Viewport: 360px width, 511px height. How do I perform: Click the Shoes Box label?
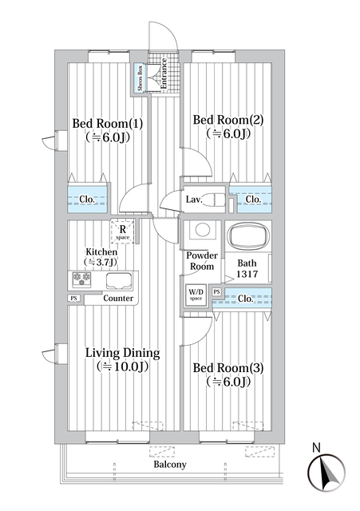pyautogui.click(x=140, y=79)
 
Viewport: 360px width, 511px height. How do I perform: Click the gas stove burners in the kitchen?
pyautogui.click(x=81, y=279)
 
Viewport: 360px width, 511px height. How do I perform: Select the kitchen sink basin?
pyautogui.click(x=118, y=279)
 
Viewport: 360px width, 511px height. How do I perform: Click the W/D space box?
pyautogui.click(x=196, y=294)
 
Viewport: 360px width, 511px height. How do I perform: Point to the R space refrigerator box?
pyautogui.click(x=121, y=231)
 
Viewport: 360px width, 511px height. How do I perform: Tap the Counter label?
pyautogui.click(x=118, y=299)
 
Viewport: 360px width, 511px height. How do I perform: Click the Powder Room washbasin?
pyautogui.click(x=202, y=231)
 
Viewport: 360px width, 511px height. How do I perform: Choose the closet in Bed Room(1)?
pyautogui.click(x=87, y=200)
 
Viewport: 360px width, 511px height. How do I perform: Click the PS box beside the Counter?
pyautogui.click(x=73, y=299)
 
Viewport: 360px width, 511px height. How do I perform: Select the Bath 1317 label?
pyautogui.click(x=247, y=269)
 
